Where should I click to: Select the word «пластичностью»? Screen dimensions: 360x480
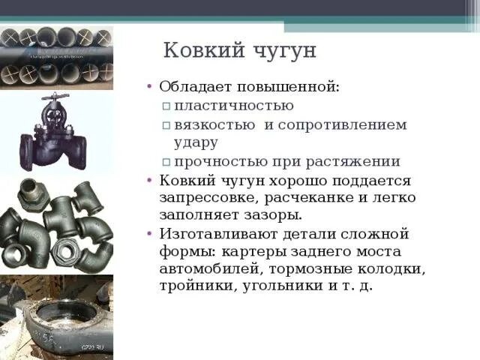coord(233,106)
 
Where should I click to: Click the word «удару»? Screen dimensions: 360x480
coord(196,142)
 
